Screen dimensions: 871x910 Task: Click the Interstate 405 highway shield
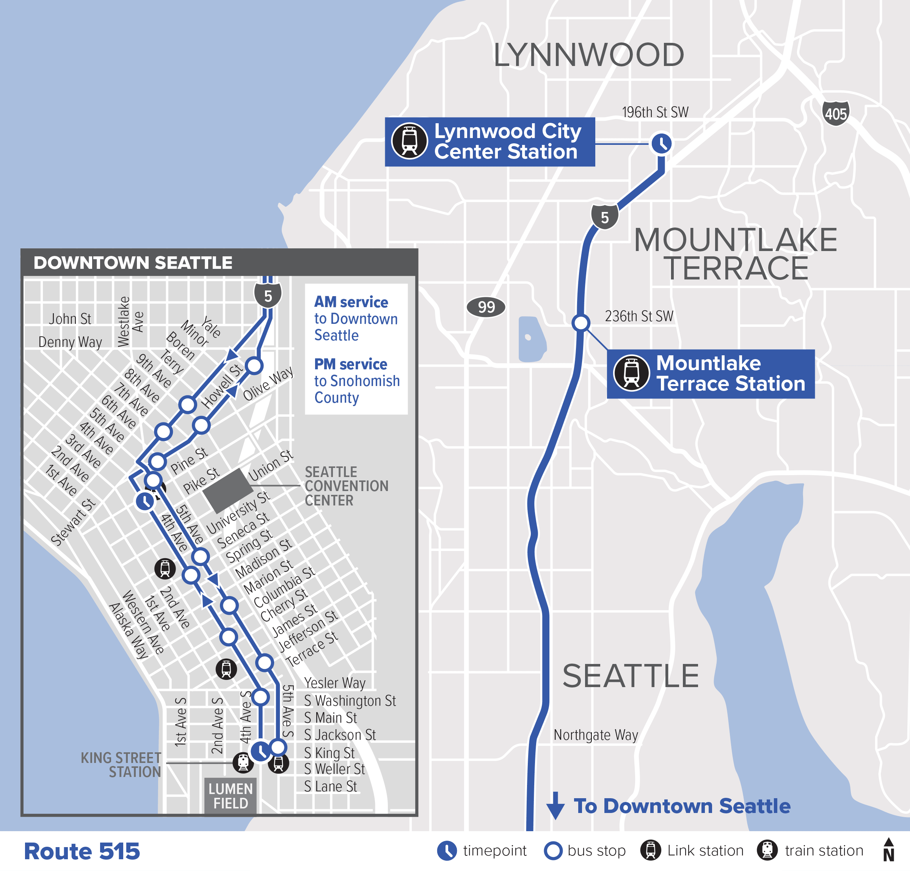pyautogui.click(x=836, y=113)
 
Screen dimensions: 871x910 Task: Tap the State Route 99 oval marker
pyautogui.click(x=486, y=307)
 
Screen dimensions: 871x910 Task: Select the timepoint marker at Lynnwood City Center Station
pyautogui.click(x=661, y=143)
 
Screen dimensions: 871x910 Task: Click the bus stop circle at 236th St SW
pyautogui.click(x=581, y=323)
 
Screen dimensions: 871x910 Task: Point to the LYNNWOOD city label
pyautogui.click(x=589, y=55)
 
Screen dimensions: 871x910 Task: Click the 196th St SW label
pyautogui.click(x=655, y=112)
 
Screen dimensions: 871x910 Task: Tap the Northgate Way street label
pyautogui.click(x=596, y=735)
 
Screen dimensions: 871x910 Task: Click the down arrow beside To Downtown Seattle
pyautogui.click(x=555, y=805)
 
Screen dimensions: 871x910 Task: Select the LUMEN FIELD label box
pyautogui.click(x=231, y=796)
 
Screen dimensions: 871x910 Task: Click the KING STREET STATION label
pyautogui.click(x=122, y=765)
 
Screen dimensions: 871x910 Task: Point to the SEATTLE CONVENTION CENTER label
pyautogui.click(x=346, y=486)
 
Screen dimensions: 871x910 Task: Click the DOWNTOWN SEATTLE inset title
pyautogui.click(x=133, y=263)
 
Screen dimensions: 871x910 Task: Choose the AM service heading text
pyautogui.click(x=351, y=302)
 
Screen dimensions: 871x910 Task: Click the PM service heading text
pyautogui.click(x=350, y=364)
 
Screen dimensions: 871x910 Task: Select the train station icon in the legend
pyautogui.click(x=767, y=850)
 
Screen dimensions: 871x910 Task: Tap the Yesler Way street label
pyautogui.click(x=335, y=683)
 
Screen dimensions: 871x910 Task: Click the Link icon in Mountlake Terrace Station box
pyautogui.click(x=631, y=373)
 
